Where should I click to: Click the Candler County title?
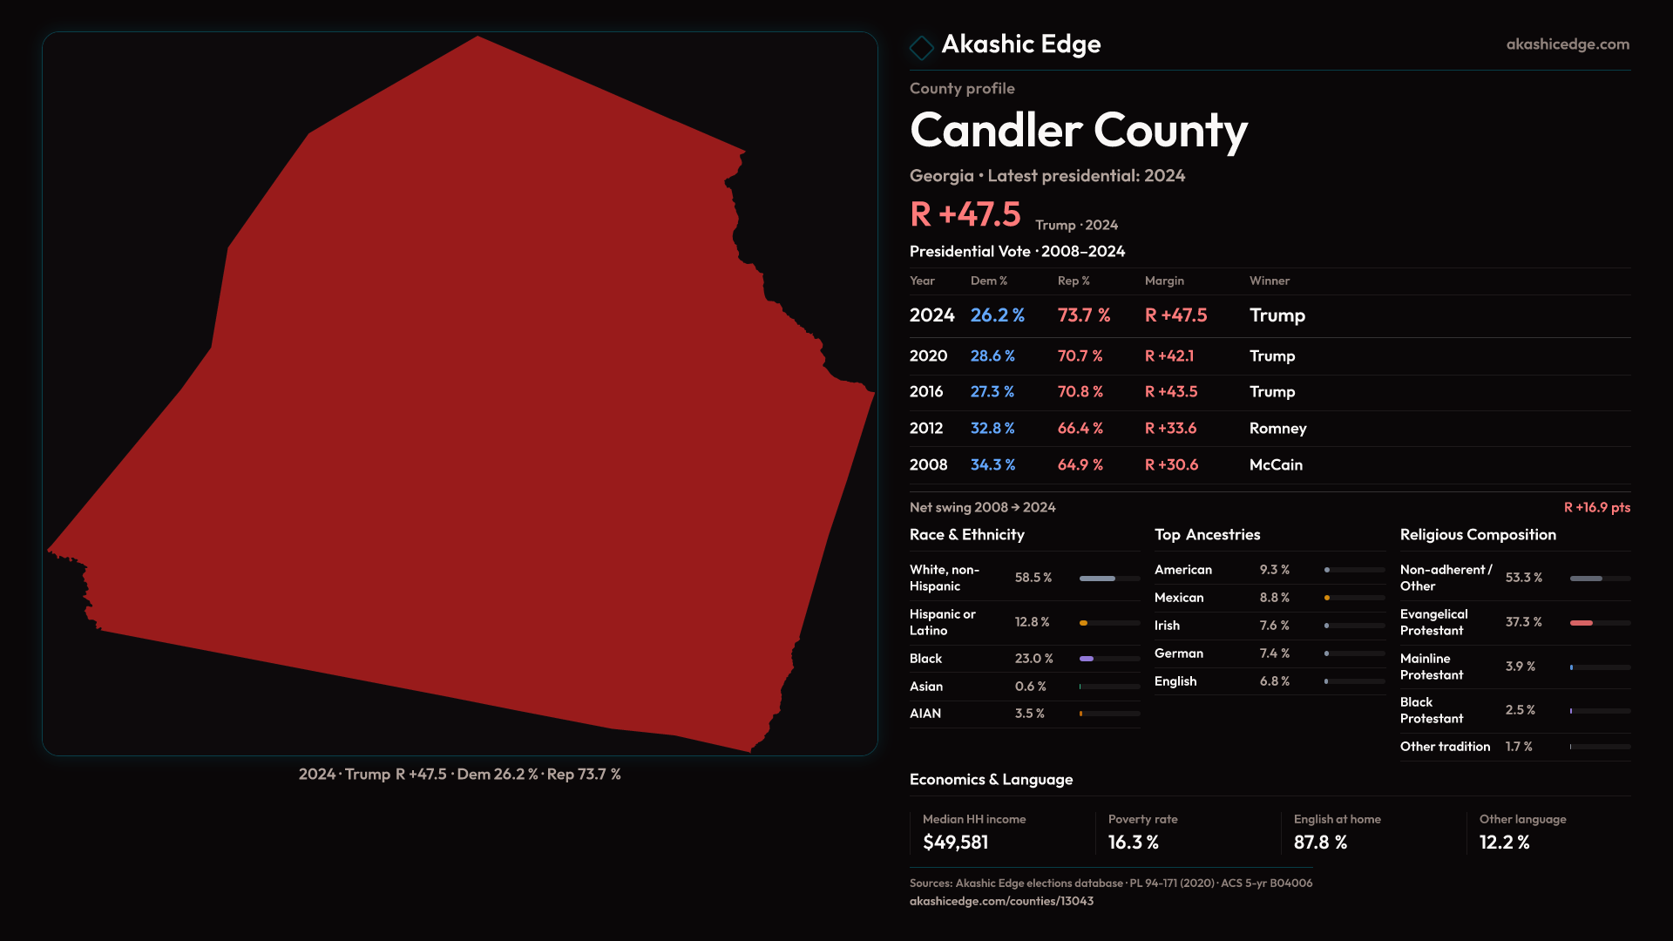click(x=1078, y=131)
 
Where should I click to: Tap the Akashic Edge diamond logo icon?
click(x=921, y=46)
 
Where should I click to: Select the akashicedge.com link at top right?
click(x=1567, y=44)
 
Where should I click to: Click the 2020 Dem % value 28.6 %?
click(x=992, y=356)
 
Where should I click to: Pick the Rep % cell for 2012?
click(x=1080, y=429)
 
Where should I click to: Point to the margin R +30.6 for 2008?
click(x=1171, y=465)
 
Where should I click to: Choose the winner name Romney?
click(x=1277, y=429)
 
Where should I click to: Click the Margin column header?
click(x=1164, y=281)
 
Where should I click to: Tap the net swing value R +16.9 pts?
click(x=1596, y=508)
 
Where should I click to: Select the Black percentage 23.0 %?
click(x=1033, y=659)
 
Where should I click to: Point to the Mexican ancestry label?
click(x=1179, y=598)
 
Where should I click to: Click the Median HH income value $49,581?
click(x=955, y=843)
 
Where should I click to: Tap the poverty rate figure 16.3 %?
click(x=1133, y=843)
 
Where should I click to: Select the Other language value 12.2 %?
click(x=1504, y=843)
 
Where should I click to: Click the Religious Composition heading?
click(x=1478, y=535)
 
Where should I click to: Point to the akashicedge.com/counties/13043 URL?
click(x=1001, y=901)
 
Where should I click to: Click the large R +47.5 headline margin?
click(x=965, y=214)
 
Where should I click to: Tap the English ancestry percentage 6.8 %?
click(x=1274, y=681)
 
